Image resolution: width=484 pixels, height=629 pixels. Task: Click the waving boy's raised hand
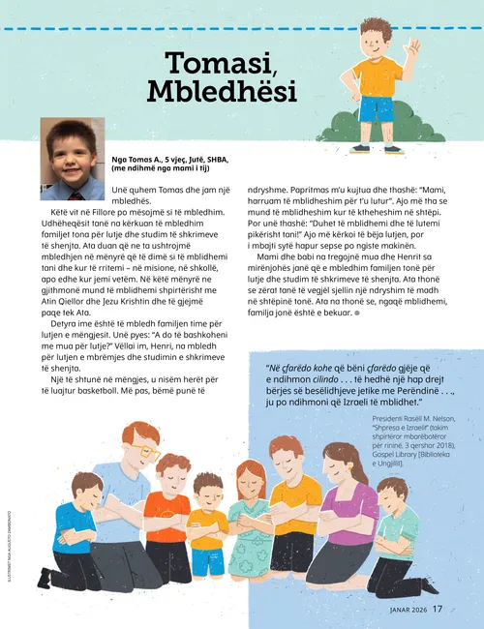pos(413,46)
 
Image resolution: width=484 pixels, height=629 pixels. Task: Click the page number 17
pos(438,609)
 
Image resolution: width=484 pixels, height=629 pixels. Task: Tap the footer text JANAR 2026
pos(403,610)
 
